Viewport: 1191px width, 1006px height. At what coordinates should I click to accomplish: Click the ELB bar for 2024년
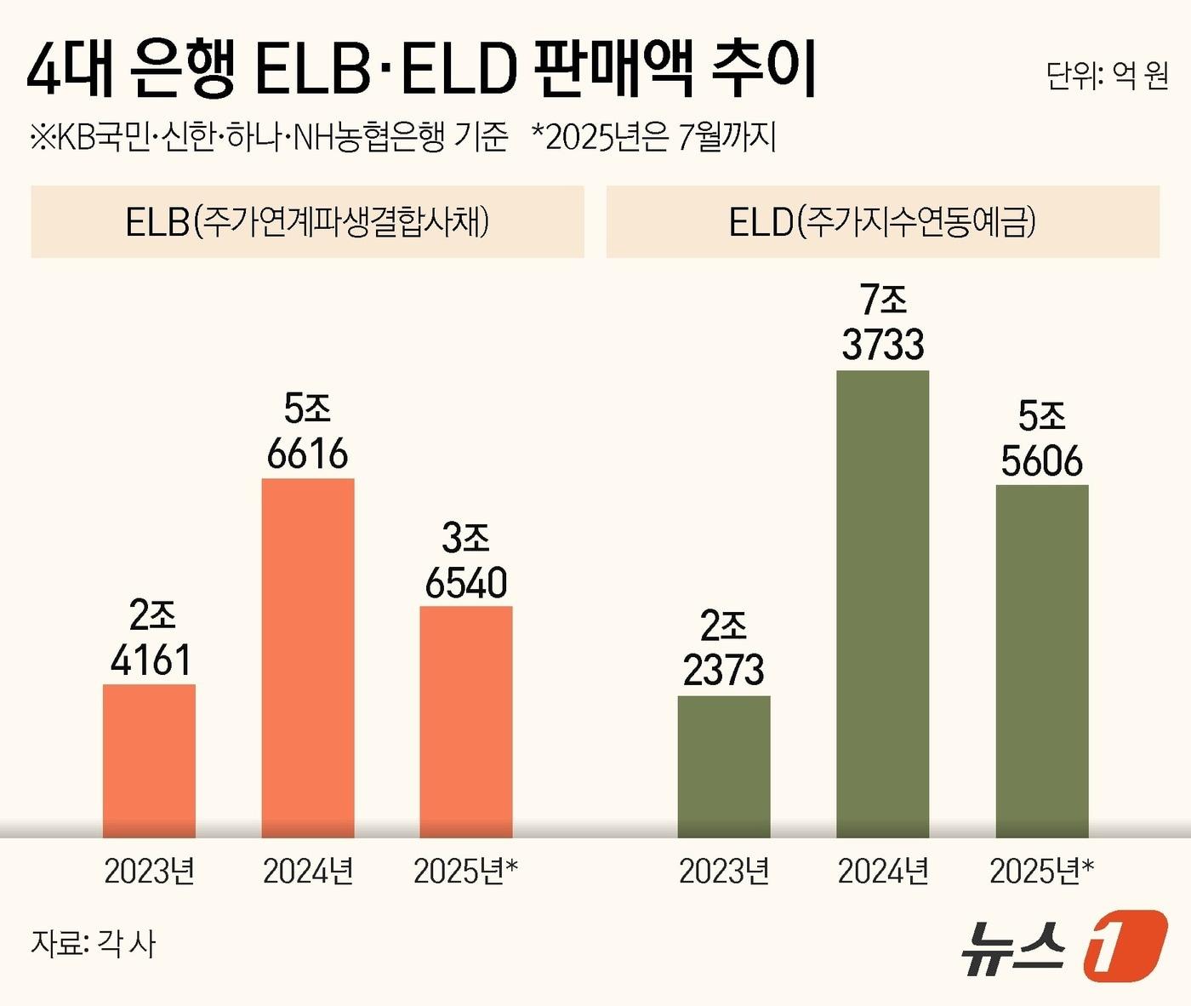[307, 657]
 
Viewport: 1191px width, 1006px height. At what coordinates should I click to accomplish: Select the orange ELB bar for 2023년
[149, 760]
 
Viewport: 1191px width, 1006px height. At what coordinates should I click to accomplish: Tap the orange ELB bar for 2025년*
[466, 721]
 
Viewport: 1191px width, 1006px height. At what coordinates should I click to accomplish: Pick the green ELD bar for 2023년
[724, 766]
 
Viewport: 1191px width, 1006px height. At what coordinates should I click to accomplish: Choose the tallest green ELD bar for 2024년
[882, 603]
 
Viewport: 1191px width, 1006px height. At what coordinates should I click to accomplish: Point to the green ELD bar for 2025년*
[1042, 660]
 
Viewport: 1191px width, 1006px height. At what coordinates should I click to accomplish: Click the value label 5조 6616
[307, 432]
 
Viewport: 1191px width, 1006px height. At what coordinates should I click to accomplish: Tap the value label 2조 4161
[151, 638]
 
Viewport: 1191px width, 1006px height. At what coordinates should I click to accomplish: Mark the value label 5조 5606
[1042, 439]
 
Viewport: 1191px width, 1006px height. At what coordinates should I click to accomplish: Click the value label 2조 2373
[724, 649]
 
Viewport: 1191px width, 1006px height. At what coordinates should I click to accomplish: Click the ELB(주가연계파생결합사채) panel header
[307, 222]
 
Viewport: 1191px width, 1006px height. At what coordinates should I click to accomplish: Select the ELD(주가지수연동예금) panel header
[882, 222]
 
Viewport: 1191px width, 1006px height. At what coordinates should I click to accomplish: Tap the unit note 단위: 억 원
[1107, 76]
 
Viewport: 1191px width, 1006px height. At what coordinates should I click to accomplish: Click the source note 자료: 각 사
[94, 943]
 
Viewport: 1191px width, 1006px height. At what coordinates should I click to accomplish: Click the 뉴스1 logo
[1063, 946]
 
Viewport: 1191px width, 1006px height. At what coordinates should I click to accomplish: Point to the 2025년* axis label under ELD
[1041, 871]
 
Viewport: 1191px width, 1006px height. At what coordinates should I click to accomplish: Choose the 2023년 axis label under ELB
[149, 871]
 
